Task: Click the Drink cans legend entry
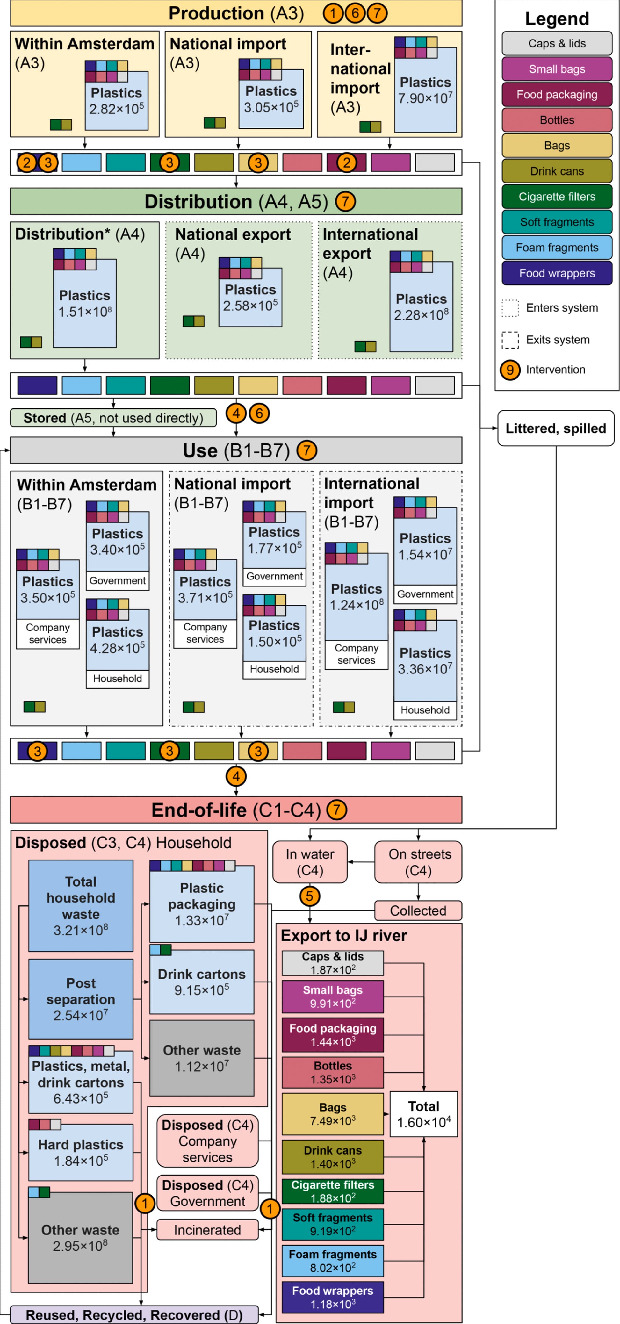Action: pyautogui.click(x=557, y=171)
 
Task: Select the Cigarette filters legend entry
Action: pyautogui.click(x=557, y=196)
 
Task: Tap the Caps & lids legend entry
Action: pyautogui.click(x=557, y=43)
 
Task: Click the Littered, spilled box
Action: pyautogui.click(x=556, y=428)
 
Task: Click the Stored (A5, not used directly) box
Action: pyautogui.click(x=113, y=418)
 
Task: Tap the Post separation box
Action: pyautogui.click(x=81, y=999)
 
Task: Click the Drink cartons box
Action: pyautogui.click(x=202, y=982)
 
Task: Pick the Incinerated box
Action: pyautogui.click(x=207, y=1230)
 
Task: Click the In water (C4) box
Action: pyautogui.click(x=310, y=862)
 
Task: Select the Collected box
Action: pyautogui.click(x=418, y=911)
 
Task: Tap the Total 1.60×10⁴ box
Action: pyautogui.click(x=424, y=1114)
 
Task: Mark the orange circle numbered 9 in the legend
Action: pyautogui.click(x=510, y=370)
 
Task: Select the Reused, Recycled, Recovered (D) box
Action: pyautogui.click(x=134, y=1315)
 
